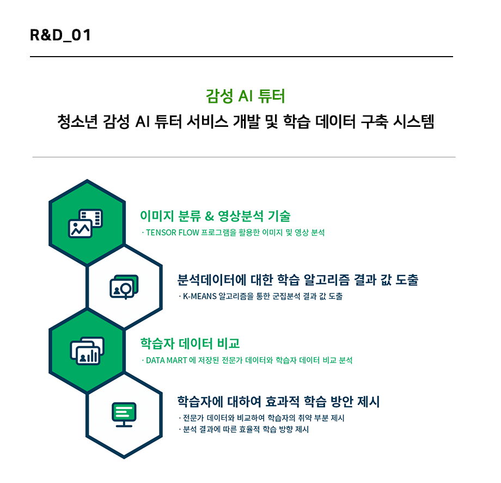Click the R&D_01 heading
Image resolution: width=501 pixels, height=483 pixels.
60,35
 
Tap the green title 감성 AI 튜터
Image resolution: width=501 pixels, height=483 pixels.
246,96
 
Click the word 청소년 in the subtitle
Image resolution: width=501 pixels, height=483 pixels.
77,121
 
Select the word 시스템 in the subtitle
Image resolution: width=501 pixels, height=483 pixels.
413,121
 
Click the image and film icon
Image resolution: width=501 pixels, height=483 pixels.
85,223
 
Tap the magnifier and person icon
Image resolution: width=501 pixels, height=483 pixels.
124,286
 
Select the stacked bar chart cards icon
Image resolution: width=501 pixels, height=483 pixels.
87,351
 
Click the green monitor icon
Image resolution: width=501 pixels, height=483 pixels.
124,414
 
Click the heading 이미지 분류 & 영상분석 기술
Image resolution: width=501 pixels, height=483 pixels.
215,216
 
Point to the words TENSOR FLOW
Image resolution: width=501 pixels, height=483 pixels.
173,233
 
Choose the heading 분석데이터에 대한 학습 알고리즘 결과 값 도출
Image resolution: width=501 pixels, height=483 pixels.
298,280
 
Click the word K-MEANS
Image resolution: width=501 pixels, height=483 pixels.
200,296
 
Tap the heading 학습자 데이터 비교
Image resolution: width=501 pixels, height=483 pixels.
190,344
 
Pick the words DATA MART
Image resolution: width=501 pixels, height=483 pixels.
167,360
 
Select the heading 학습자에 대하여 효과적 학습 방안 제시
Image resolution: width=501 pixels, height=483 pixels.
279,401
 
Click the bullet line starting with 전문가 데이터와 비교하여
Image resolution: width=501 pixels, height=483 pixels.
262,418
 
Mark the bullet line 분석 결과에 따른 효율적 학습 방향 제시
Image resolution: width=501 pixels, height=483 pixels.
244,429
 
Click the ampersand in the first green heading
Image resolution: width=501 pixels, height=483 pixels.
209,216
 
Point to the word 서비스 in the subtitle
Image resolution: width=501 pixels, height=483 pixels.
207,121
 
